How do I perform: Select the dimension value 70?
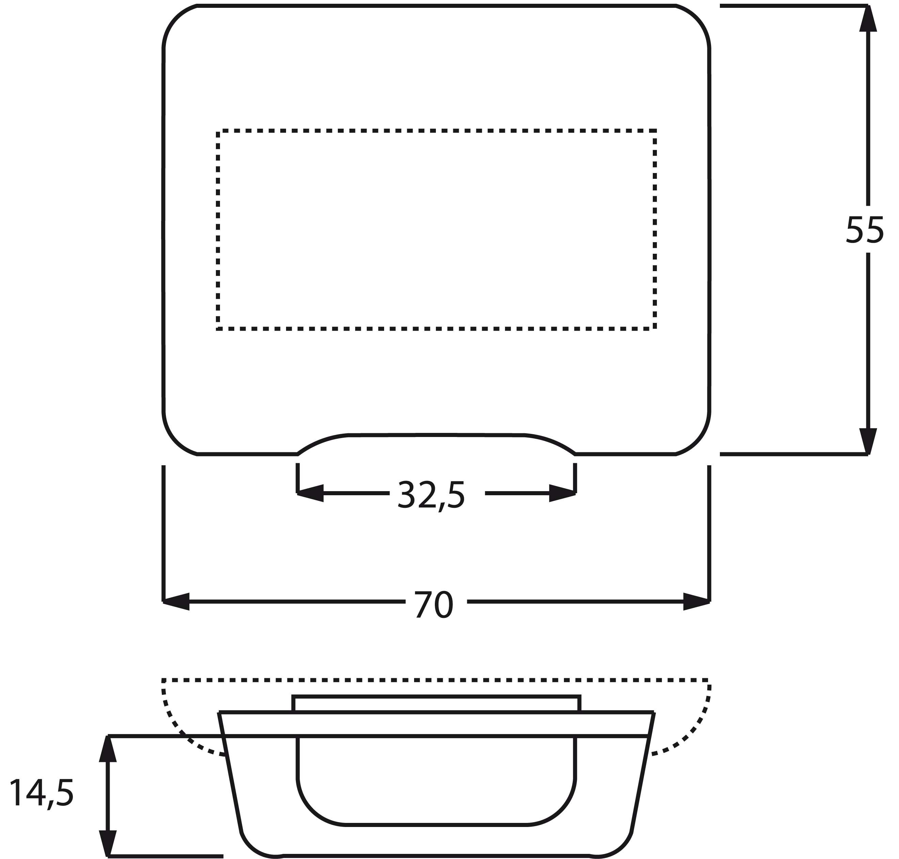[x=433, y=605]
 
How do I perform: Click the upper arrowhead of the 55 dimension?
[x=868, y=18]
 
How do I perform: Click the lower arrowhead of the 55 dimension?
[x=868, y=441]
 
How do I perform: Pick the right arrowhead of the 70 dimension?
[x=696, y=601]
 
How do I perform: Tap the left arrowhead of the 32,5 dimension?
[x=310, y=493]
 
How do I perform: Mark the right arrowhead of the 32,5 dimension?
[x=562, y=493]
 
